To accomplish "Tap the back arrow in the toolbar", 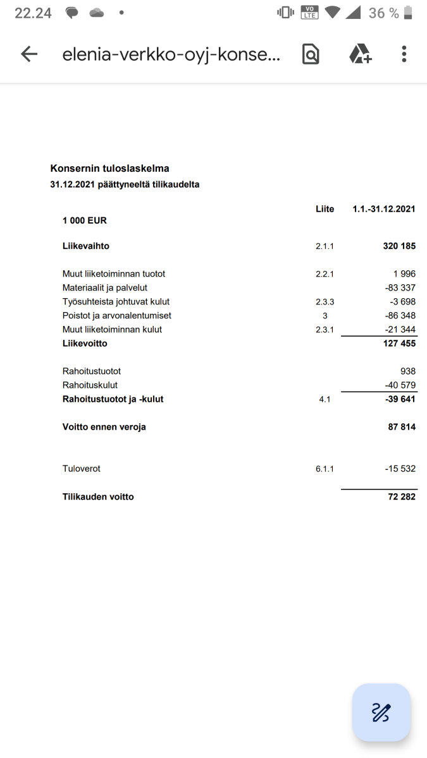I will coord(29,54).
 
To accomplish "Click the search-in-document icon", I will coord(311,54).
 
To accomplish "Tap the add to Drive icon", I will coord(361,54).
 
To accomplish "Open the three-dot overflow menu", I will coord(404,54).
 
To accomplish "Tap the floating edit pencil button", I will coord(381,712).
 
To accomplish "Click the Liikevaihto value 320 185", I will coord(399,246).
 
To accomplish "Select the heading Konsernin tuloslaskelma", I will coord(109,169).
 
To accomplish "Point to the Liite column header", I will coord(325,209).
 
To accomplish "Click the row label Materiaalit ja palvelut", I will coord(105,288).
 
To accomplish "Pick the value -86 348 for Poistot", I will coord(400,316).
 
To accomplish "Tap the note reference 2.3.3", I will coord(325,302).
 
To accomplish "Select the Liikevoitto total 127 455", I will coord(399,344).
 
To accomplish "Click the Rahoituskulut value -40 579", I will coord(400,385).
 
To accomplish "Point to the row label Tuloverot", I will coord(82,469).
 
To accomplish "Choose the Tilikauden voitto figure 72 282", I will coord(402,497).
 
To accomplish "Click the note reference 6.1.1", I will coord(325,469).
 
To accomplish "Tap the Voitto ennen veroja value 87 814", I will coord(402,427).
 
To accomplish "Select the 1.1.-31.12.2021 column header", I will coord(384,209).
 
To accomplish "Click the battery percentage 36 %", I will coord(384,13).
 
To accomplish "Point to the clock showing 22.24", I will coord(33,13).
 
